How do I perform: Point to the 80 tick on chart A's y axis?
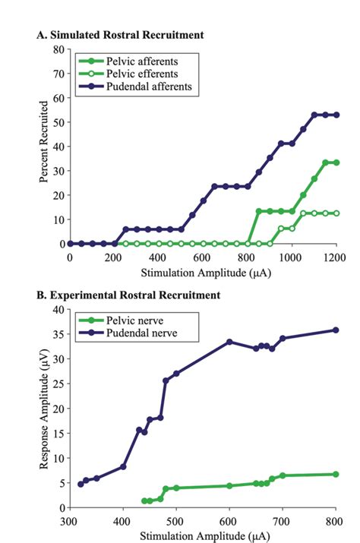58,49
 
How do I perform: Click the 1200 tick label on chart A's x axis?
335,257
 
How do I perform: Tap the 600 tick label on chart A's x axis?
202,257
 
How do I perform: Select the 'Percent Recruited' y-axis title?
45,147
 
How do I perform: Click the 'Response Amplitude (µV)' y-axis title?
45,409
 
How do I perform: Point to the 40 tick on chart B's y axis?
58,310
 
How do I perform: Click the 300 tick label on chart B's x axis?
69,521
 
